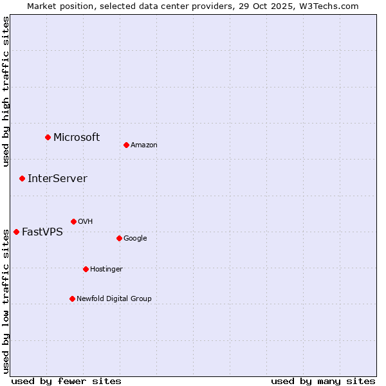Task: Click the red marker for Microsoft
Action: (x=48, y=137)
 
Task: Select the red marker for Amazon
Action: (x=126, y=145)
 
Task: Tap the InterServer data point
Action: (x=22, y=178)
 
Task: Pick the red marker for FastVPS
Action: (x=16, y=232)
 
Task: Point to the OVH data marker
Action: (x=73, y=221)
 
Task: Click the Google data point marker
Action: (x=119, y=238)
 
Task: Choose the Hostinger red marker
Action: (x=86, y=269)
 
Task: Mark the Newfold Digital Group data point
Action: (x=72, y=299)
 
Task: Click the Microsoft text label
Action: (x=77, y=137)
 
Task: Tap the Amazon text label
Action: (x=144, y=145)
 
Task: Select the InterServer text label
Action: (x=57, y=178)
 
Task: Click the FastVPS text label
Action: (x=42, y=232)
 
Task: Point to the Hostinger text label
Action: (x=106, y=269)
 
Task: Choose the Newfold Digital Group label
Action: (x=114, y=299)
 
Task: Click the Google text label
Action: (x=135, y=238)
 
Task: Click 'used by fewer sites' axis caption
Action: (x=66, y=381)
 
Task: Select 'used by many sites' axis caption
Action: (x=323, y=381)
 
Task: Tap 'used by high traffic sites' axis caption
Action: (x=6, y=91)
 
